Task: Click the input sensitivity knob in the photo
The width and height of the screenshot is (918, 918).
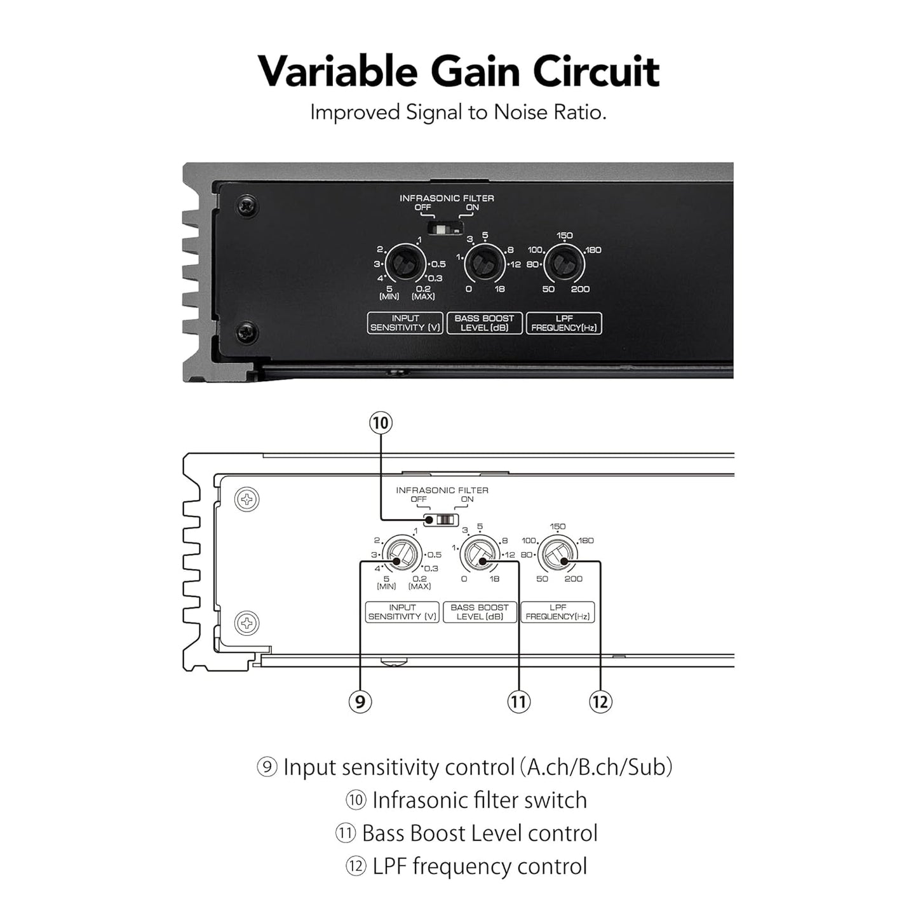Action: (x=405, y=264)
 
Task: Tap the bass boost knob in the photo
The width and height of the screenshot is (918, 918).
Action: (x=485, y=264)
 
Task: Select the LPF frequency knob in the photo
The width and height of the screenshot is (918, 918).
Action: (x=564, y=264)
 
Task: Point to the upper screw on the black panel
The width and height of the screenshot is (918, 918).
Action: (x=247, y=206)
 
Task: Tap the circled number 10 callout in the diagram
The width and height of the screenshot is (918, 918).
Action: (x=381, y=423)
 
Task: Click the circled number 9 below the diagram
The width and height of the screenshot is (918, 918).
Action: (x=360, y=702)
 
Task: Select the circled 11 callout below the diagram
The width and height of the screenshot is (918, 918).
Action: (x=519, y=702)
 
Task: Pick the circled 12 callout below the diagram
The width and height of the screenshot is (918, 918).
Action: (x=600, y=702)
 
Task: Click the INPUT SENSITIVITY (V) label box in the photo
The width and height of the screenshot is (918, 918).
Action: (x=405, y=323)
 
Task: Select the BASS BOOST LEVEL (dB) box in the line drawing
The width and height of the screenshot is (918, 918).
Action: (x=479, y=612)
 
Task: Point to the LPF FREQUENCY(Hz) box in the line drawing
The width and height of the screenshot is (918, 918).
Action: (x=557, y=612)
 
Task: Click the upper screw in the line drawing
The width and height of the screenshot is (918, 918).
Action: (x=247, y=499)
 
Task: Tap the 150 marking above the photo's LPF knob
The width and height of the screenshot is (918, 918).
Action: (x=565, y=235)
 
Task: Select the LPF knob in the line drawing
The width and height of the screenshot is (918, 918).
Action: (x=557, y=555)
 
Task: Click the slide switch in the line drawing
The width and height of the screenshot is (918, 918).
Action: (x=442, y=520)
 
